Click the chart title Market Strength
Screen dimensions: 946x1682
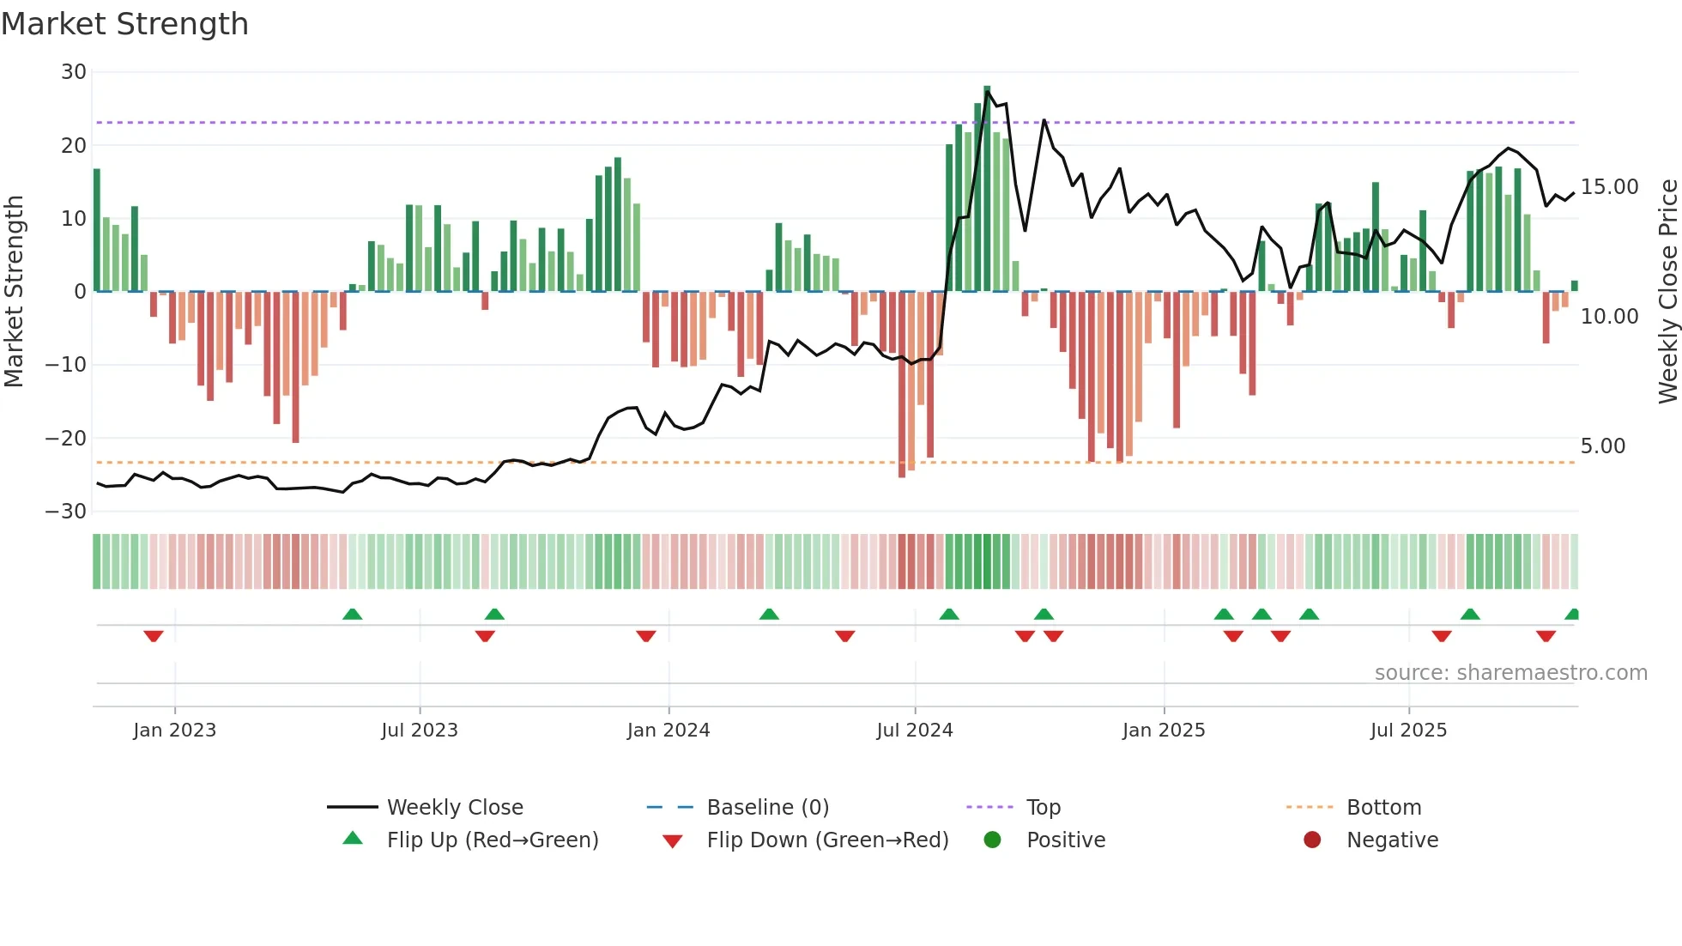(x=124, y=24)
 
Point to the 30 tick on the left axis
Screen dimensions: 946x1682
(x=74, y=72)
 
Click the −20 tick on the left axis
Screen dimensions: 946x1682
(x=66, y=439)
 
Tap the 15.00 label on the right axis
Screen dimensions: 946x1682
(x=1609, y=187)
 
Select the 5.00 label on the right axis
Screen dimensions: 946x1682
(x=1602, y=446)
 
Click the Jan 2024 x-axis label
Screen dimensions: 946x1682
(x=668, y=731)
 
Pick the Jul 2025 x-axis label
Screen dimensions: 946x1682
(x=1407, y=731)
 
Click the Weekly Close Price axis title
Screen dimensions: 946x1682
(x=1667, y=291)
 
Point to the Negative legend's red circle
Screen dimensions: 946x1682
(x=1311, y=840)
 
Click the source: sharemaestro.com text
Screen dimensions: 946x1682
(x=1510, y=673)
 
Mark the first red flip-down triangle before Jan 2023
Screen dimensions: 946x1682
(x=154, y=636)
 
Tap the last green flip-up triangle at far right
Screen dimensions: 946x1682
(x=1572, y=614)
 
